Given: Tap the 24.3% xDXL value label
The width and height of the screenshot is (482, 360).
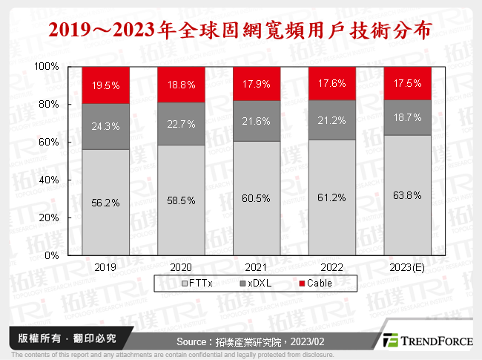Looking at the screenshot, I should click(x=106, y=126).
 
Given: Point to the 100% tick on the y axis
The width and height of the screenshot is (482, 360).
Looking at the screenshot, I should click(x=47, y=67).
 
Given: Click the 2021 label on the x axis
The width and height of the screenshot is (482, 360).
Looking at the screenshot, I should click(x=257, y=266).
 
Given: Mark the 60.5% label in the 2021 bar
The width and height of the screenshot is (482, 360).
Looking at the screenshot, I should click(x=257, y=199).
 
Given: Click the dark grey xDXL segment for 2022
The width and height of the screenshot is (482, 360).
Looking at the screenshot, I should click(x=332, y=120).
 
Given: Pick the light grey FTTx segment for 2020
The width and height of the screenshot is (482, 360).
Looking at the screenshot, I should click(x=182, y=200).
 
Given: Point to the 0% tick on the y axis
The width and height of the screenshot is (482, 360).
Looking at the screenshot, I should click(x=53, y=255).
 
